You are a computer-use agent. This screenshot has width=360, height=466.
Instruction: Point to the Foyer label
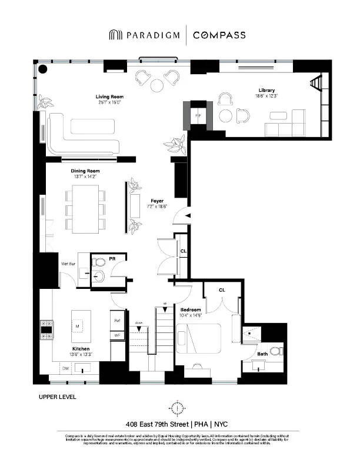click(156, 200)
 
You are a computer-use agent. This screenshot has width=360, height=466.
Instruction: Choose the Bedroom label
click(191, 309)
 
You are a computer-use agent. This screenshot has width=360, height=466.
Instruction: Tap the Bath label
click(262, 354)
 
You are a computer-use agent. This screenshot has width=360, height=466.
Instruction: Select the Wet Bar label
click(68, 264)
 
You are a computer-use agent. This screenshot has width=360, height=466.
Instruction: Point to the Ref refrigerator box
click(118, 321)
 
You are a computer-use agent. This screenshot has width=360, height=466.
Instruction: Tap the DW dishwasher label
click(65, 368)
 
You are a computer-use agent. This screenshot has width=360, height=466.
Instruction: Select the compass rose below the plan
click(176, 407)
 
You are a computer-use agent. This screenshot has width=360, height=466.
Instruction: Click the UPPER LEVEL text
click(57, 397)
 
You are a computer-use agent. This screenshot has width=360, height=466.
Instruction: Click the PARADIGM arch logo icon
click(115, 35)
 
